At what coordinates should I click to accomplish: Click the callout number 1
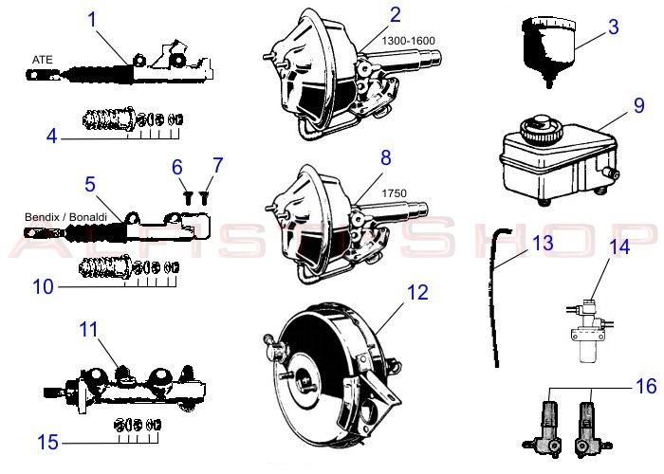point(91,18)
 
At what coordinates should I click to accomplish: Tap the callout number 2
point(395,14)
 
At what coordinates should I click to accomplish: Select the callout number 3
point(613,27)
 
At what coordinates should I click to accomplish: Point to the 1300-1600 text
point(409,41)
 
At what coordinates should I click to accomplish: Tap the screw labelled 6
point(188,197)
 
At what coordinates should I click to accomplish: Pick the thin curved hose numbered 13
point(494,303)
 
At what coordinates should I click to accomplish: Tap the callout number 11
point(88,330)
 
